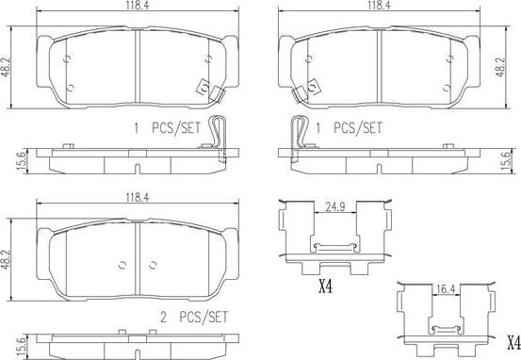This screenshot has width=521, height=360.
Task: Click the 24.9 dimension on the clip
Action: tap(335, 207)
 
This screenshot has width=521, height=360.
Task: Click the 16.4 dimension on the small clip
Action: tap(446, 289)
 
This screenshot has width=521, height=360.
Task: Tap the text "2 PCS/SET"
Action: tap(194, 317)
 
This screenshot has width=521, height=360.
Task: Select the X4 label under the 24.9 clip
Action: tap(325, 286)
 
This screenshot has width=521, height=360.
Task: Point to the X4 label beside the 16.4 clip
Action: tap(513, 342)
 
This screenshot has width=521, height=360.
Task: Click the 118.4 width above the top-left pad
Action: tap(138, 6)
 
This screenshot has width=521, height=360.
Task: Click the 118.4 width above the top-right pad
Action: tap(379, 6)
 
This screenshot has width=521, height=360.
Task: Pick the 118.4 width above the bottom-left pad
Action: tap(138, 198)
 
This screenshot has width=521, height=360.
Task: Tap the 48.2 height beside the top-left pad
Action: tap(6, 67)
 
